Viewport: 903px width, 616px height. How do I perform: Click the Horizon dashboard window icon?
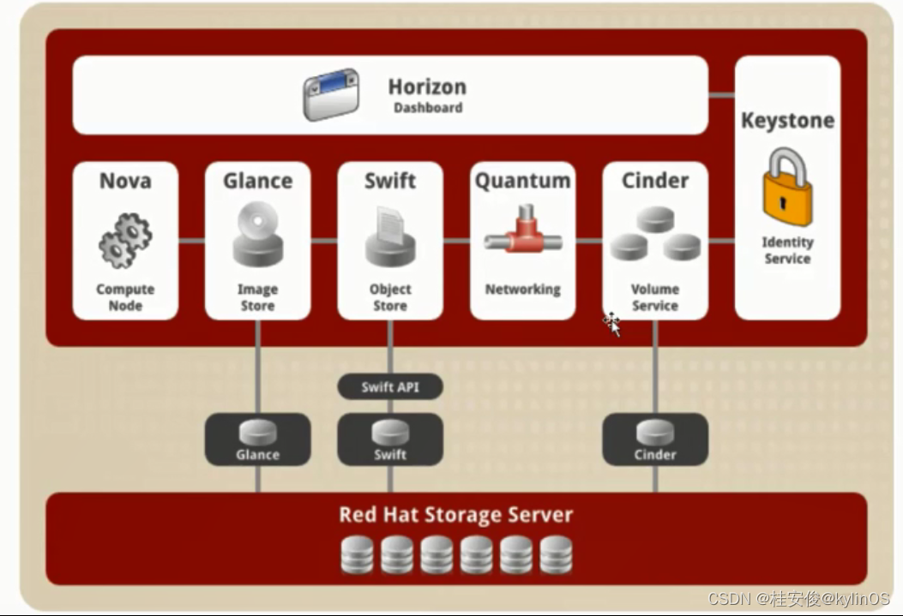(x=331, y=95)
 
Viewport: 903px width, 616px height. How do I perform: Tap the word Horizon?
(x=427, y=87)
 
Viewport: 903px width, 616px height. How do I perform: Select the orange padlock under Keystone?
(x=787, y=187)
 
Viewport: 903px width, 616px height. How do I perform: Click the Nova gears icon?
(x=125, y=240)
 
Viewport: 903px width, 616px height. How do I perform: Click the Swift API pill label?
(x=390, y=386)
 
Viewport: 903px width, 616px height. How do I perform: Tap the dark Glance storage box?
(x=257, y=439)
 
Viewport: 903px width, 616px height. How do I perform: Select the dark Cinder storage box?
(x=655, y=439)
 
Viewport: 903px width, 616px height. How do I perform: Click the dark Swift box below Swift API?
(x=390, y=439)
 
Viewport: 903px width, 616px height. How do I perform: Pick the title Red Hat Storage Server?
(x=455, y=514)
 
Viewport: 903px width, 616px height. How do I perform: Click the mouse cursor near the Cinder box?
(x=612, y=324)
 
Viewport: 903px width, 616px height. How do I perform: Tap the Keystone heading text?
(x=787, y=120)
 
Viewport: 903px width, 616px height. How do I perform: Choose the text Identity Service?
(x=787, y=250)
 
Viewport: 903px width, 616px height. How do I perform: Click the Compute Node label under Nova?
(x=125, y=296)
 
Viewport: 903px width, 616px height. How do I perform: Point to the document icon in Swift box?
(x=390, y=225)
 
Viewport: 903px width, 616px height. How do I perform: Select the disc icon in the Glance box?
(x=257, y=220)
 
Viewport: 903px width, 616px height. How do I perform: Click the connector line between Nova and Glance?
(x=192, y=241)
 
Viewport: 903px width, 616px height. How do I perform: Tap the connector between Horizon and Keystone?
(x=721, y=95)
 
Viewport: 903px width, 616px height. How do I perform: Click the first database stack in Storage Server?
(x=357, y=555)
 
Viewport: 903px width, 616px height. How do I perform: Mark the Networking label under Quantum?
(x=523, y=290)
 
